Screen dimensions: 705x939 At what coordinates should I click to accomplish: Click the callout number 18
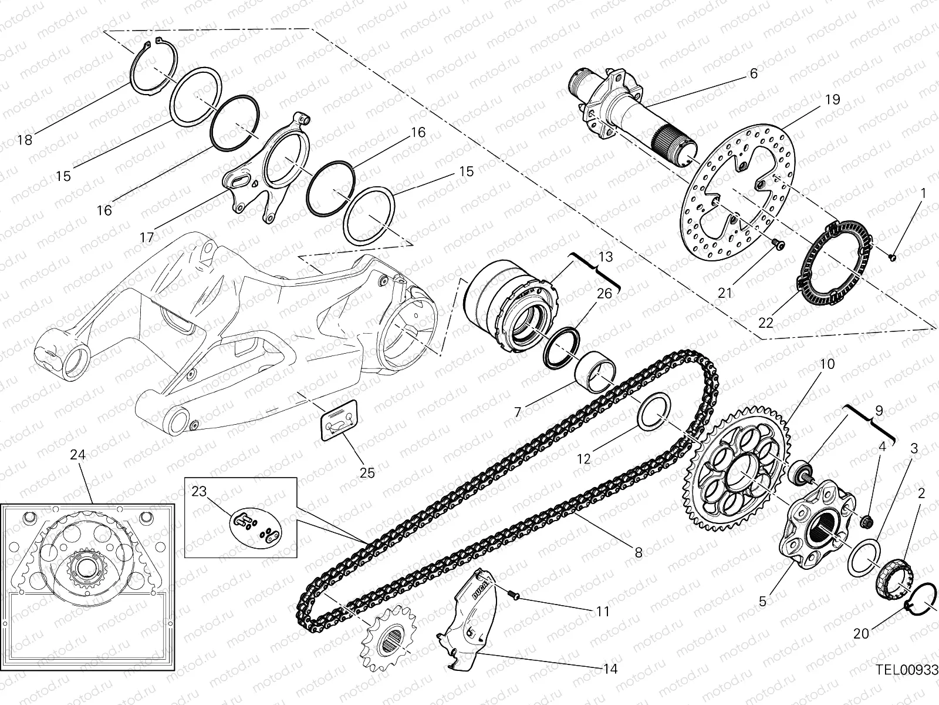click(25, 140)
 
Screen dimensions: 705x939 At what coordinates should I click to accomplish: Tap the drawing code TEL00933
click(907, 669)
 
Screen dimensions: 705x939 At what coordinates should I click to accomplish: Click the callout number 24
click(77, 454)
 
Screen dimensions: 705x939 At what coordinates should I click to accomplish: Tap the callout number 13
click(606, 257)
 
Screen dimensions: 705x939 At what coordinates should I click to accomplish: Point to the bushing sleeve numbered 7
click(595, 372)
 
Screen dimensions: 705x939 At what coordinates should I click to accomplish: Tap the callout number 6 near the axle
click(754, 73)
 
